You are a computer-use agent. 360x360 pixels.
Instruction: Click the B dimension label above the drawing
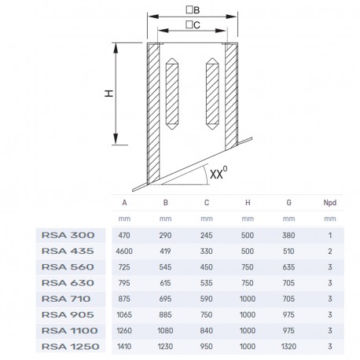pos(193,10)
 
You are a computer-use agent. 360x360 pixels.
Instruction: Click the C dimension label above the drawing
pos(193,25)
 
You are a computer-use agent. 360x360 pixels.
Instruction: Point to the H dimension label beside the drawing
pos(109,94)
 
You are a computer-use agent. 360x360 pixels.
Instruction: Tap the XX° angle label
pos(219,173)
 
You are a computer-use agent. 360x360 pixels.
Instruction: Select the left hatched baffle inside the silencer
pos(172,94)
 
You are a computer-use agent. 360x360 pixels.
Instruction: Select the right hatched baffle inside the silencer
pos(212,94)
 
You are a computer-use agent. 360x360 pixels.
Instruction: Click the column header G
pos(288,203)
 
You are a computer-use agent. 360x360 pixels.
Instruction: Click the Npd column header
pos(330,203)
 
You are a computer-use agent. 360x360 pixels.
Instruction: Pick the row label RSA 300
pos(68,235)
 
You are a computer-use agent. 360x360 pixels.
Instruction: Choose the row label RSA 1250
pos(71,347)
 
